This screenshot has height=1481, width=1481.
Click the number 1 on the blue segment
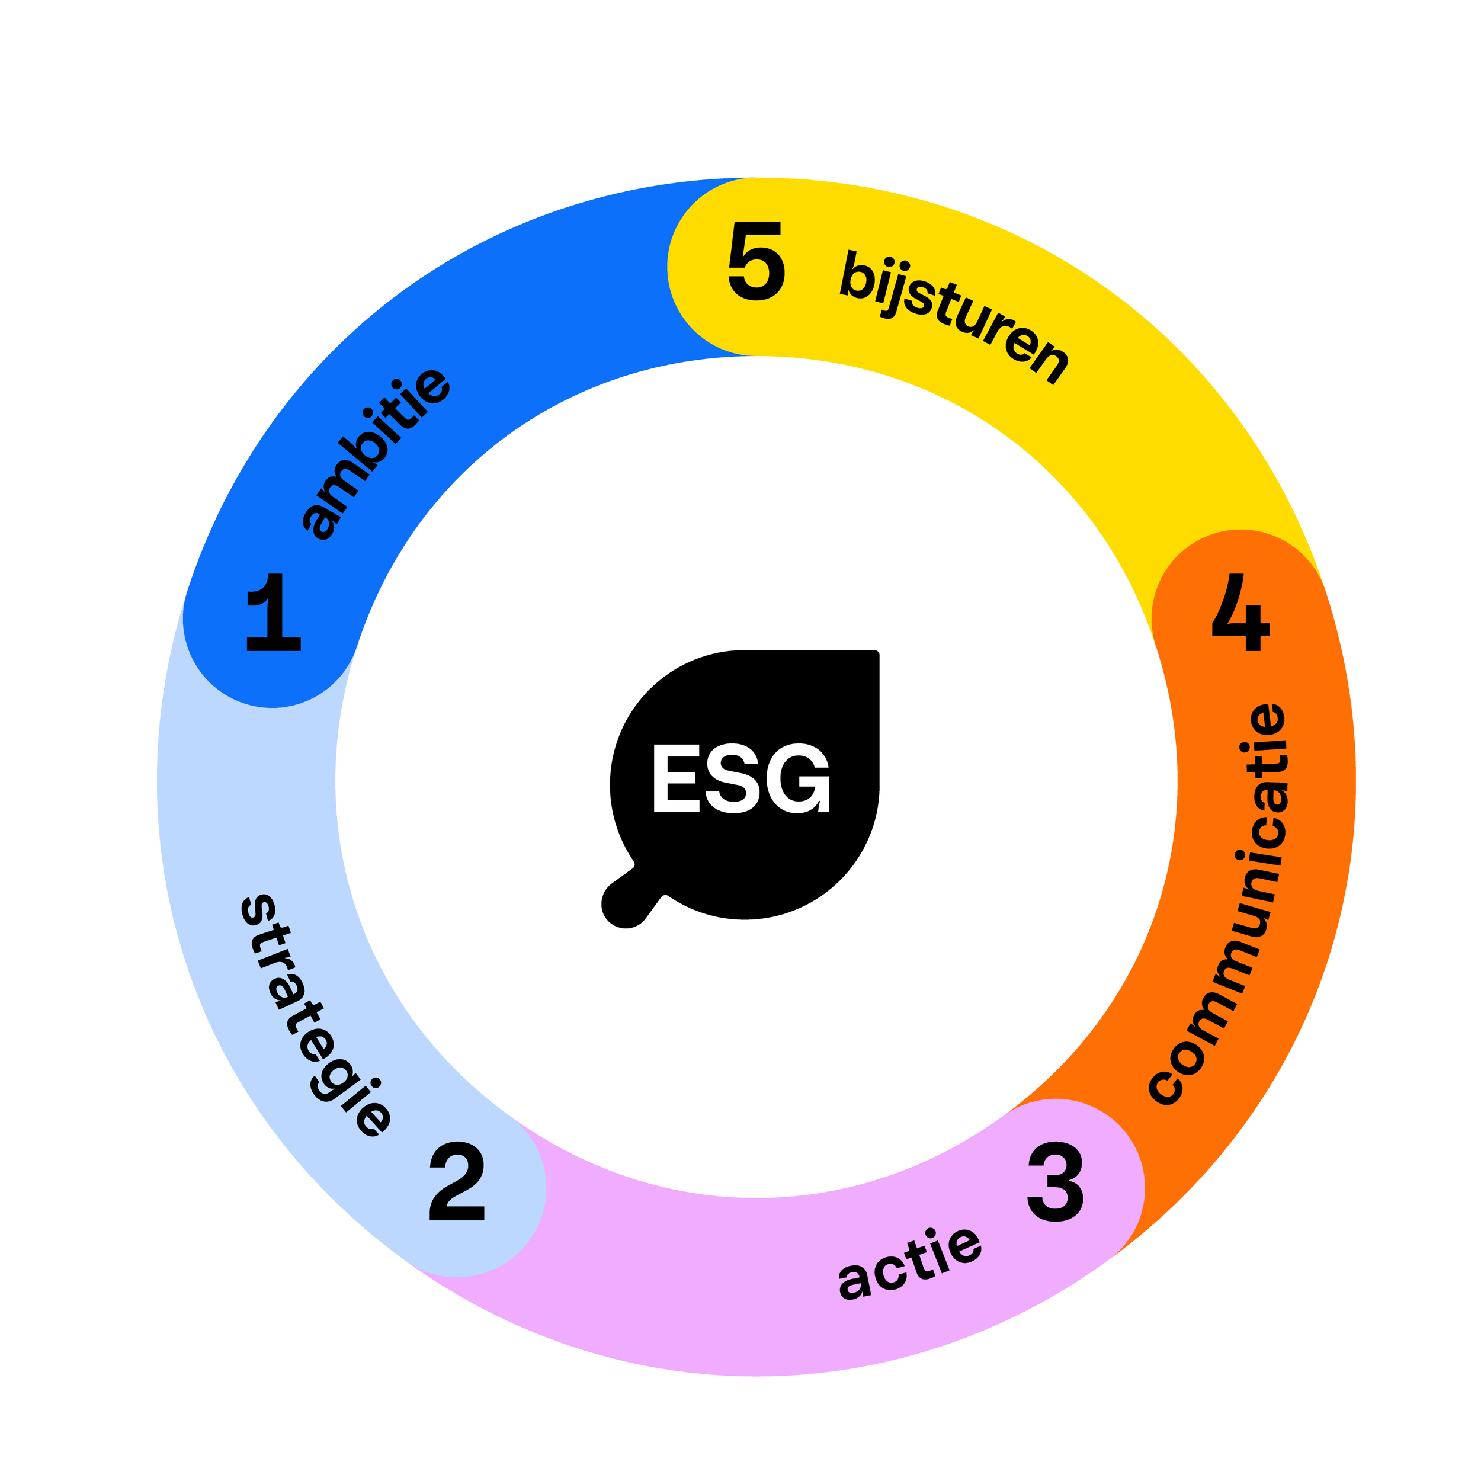[274, 613]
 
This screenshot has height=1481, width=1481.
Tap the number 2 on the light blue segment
[458, 1181]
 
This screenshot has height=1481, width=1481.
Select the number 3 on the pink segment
[1056, 1181]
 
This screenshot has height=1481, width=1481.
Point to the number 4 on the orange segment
[1240, 613]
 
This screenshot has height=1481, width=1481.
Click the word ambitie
[376, 454]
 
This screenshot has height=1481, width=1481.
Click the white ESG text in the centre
[741, 778]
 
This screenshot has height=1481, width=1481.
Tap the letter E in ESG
[676, 778]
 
